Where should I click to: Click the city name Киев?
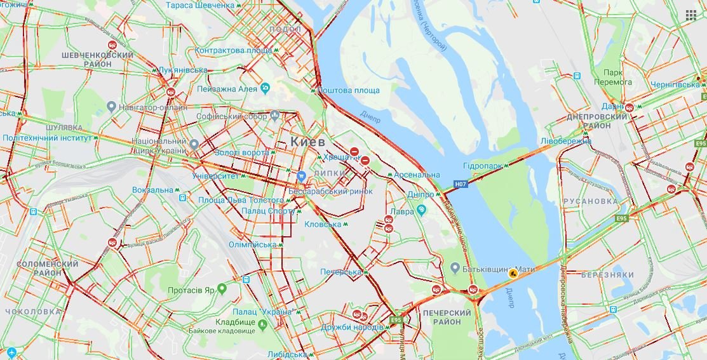pos(307,141)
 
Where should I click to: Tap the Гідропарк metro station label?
pos(483,166)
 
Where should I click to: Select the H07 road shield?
pos(461,184)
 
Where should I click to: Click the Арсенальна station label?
pos(416,175)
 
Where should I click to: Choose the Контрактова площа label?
pos(233,50)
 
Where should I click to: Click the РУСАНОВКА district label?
pos(589,201)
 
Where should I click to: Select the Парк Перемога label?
pos(613,77)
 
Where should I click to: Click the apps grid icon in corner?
pos(690,15)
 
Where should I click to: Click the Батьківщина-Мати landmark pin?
pos(455,269)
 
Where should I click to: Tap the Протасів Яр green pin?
pos(222,289)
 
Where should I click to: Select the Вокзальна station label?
pos(152,190)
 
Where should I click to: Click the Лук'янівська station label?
pos(183,70)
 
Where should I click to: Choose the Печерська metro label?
pos(340,272)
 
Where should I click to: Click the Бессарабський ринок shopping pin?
pos(302,175)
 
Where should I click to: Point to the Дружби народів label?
pos(351,327)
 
